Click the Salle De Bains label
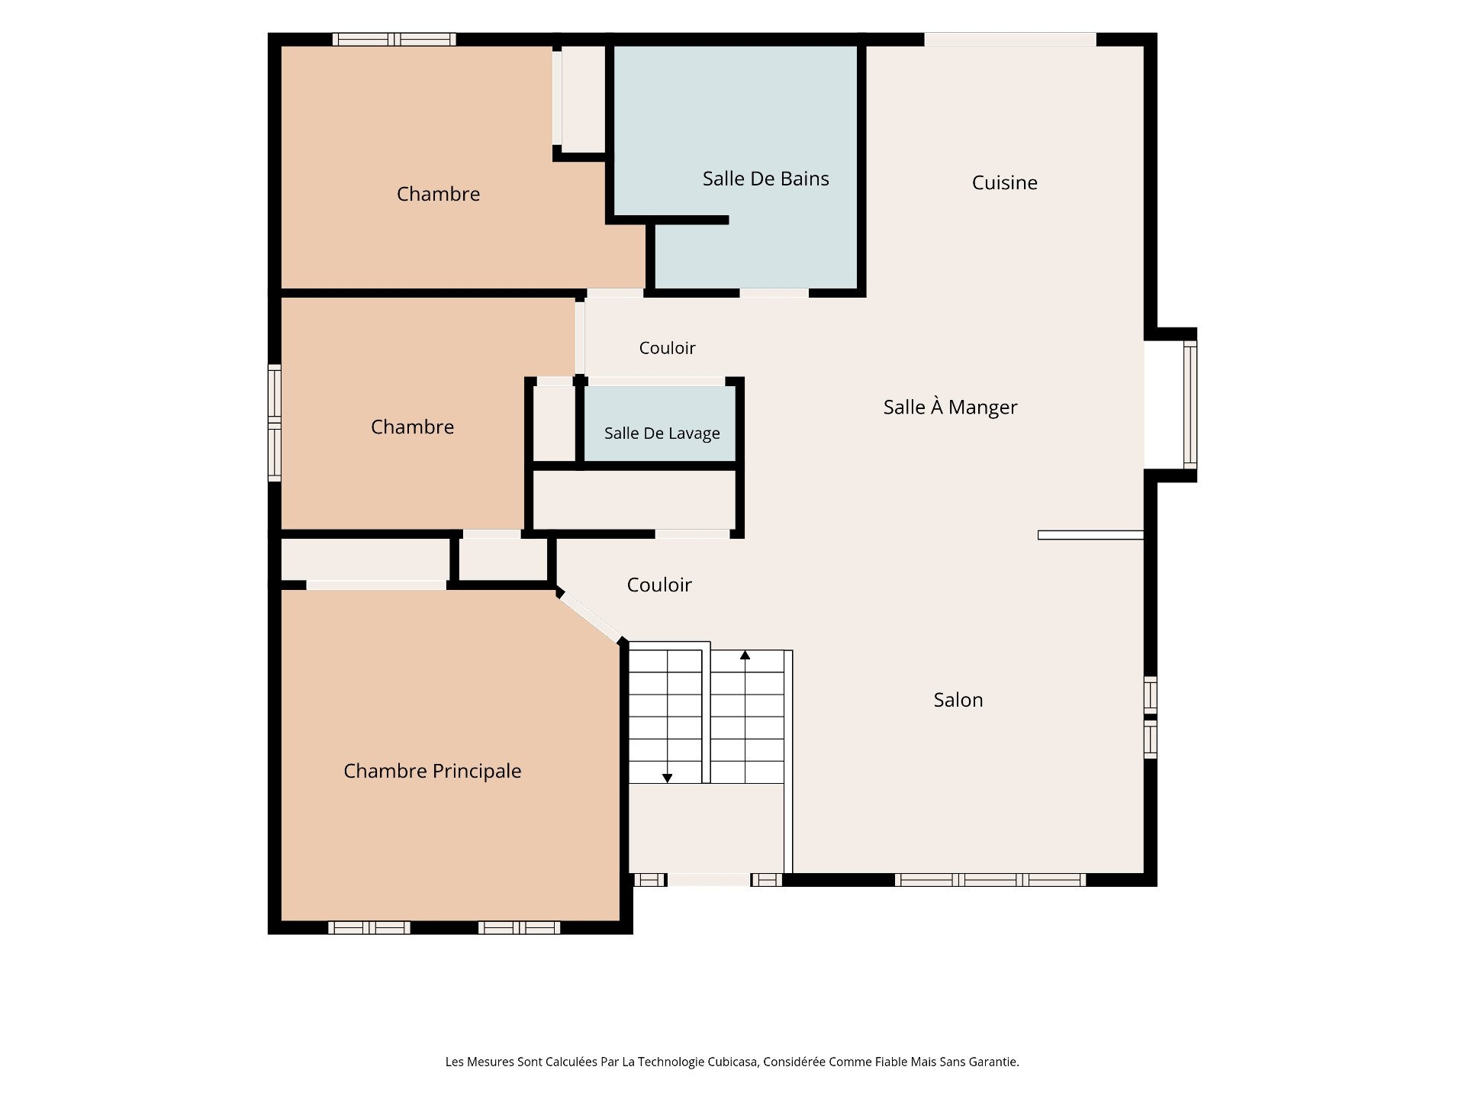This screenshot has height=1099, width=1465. click(765, 179)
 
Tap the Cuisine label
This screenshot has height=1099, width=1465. click(1004, 182)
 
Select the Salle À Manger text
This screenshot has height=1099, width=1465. click(950, 407)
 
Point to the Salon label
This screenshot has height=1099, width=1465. click(958, 700)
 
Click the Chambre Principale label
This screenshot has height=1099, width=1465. click(432, 771)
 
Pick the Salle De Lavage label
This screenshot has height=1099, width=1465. click(662, 433)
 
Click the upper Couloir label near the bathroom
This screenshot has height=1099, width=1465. click(667, 348)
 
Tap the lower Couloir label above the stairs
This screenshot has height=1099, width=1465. click(659, 585)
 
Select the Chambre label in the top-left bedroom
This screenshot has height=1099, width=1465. click(438, 194)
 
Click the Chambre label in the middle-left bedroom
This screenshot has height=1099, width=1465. click(412, 427)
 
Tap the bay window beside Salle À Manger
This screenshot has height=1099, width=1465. click(1190, 404)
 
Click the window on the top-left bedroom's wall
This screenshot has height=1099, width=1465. click(394, 40)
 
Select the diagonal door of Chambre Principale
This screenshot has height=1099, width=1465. click(591, 617)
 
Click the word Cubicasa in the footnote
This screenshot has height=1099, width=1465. click(732, 1062)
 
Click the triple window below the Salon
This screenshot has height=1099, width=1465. click(990, 880)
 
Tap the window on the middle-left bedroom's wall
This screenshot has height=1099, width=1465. click(275, 422)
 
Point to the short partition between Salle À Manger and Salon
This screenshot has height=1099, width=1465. click(1090, 535)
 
